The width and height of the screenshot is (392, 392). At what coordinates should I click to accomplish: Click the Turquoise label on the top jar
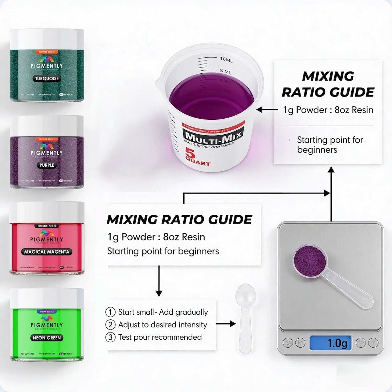(47, 78)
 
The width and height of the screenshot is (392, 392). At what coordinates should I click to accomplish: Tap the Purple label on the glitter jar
(47, 165)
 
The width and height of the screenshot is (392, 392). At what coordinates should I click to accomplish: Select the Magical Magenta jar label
(47, 252)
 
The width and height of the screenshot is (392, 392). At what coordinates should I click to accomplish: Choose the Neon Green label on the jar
(47, 338)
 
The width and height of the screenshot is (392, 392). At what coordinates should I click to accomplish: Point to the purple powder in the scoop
(309, 258)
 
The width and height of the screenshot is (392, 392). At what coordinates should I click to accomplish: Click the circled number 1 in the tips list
(110, 312)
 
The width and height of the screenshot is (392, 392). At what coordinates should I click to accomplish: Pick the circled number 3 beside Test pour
(110, 337)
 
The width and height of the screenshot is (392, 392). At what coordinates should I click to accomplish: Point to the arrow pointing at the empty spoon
(226, 324)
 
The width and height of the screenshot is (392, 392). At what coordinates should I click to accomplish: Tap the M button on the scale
(300, 343)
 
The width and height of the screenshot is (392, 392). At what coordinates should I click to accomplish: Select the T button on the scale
(373, 343)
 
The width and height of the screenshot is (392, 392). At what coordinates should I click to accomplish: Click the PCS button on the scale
(360, 343)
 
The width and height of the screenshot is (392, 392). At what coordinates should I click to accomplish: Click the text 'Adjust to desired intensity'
(163, 324)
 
